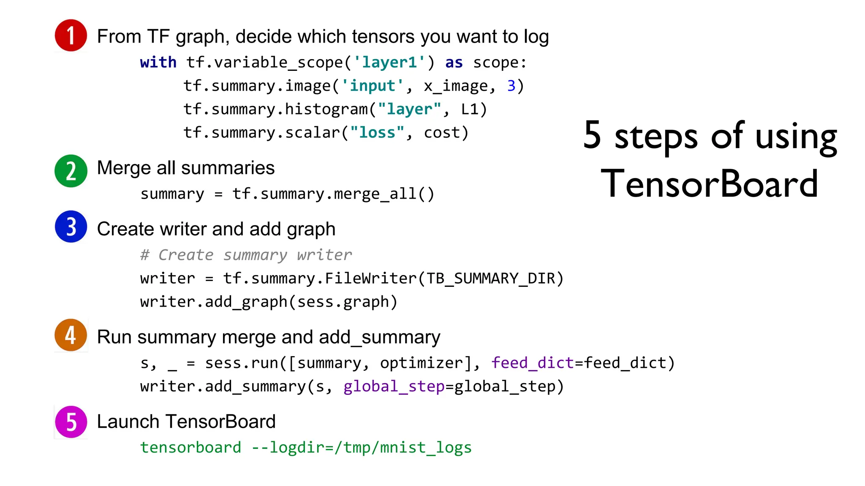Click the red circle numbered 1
(71, 35)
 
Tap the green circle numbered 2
(71, 171)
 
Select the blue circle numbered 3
(71, 227)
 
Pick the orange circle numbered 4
(71, 335)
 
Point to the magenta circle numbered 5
(71, 422)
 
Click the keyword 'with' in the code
(158, 62)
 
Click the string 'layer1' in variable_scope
(389, 62)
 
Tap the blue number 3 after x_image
(511, 86)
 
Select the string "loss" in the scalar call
(377, 133)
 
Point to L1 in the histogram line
(470, 110)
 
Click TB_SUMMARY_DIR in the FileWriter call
(490, 279)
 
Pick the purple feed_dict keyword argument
(532, 363)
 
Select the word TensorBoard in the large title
(710, 184)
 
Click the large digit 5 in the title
(592, 135)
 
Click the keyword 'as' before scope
(454, 62)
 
